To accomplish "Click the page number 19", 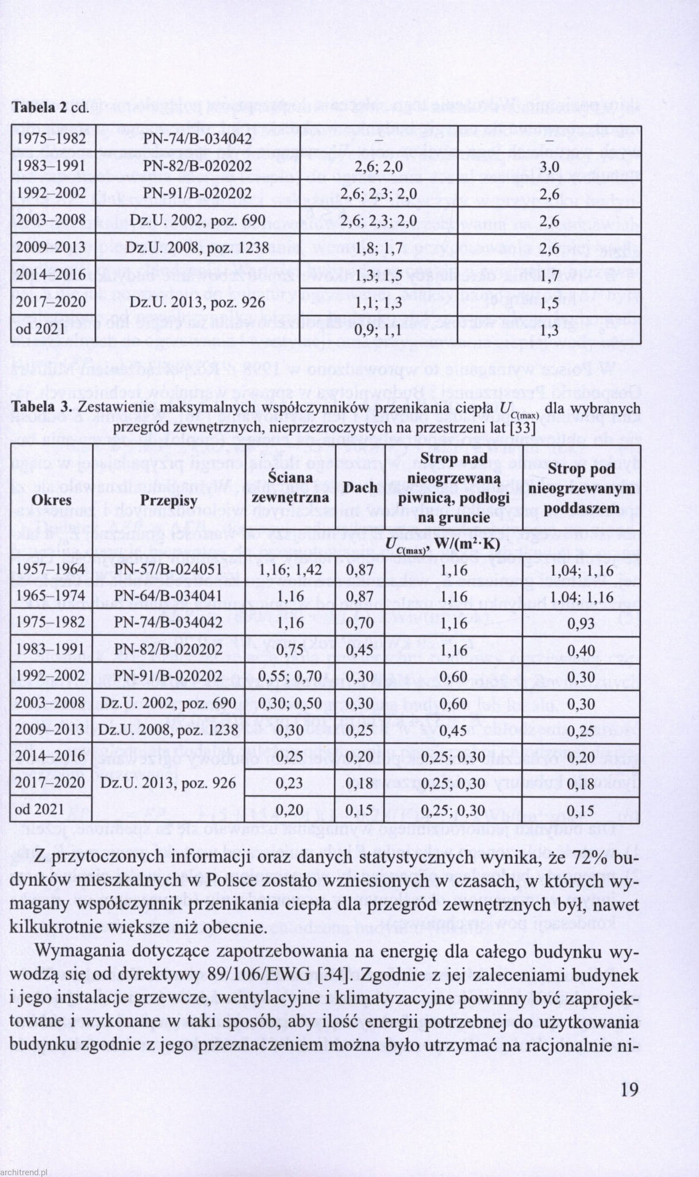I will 629,1090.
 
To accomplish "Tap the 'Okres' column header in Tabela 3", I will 51,500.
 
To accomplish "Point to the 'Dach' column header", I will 360,488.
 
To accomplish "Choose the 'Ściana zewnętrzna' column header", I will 290,487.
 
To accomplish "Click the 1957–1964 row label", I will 51,569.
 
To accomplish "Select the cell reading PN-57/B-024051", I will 168,569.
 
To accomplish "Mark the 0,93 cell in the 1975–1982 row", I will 582,623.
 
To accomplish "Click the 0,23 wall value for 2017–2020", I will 290,783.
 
